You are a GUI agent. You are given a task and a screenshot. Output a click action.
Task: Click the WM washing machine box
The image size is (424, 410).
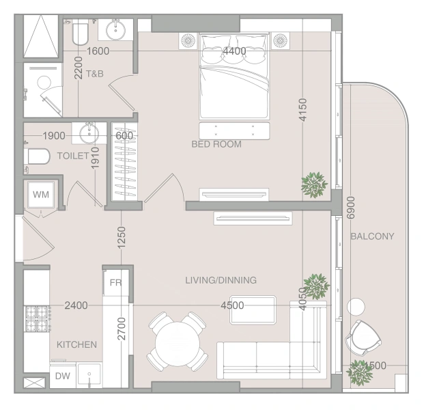point(41,194)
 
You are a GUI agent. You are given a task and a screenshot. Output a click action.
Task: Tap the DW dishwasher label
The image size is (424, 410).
point(62,376)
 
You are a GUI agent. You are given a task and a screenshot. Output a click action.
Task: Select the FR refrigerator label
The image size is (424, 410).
point(116,283)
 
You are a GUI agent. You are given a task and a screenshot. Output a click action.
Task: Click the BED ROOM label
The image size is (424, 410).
point(216,144)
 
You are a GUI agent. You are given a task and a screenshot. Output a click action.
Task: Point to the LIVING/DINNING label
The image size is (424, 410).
point(221,280)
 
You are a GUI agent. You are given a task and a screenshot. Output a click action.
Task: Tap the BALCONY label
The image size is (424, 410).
point(372,236)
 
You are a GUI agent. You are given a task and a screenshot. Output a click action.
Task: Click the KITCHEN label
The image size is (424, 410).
point(76,344)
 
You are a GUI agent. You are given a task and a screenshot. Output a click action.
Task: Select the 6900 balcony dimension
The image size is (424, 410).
point(350,208)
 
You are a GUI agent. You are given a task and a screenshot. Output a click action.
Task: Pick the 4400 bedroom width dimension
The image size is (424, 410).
point(234,51)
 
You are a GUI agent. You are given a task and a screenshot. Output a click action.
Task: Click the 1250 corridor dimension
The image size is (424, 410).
point(122,237)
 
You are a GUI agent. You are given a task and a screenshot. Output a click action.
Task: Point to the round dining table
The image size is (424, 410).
point(178,344)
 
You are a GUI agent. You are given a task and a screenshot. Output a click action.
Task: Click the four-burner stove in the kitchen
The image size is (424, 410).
point(37,319)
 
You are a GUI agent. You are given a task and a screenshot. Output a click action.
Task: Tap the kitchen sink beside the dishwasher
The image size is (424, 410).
point(89,376)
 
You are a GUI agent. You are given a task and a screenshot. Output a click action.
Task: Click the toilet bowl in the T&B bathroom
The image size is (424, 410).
point(81,34)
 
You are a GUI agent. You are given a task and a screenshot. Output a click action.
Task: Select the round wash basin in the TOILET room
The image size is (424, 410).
point(89,133)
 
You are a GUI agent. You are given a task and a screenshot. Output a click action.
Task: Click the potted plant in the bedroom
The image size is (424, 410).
point(314,184)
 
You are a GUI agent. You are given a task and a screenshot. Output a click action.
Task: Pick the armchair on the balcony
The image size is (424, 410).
point(363,337)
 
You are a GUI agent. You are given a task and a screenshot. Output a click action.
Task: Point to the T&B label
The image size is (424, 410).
point(95,74)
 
